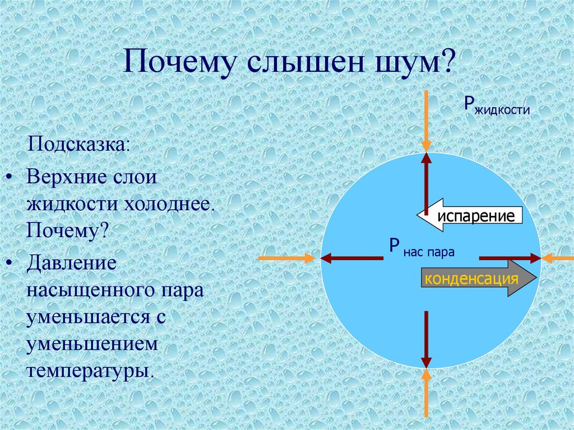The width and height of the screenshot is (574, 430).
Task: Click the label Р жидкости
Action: pos(496,105)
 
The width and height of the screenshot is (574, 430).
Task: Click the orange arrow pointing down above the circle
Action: pos(427,121)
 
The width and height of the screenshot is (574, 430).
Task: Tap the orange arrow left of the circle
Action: pos(288,258)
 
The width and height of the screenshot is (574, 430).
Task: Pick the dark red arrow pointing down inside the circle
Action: pos(427,339)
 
